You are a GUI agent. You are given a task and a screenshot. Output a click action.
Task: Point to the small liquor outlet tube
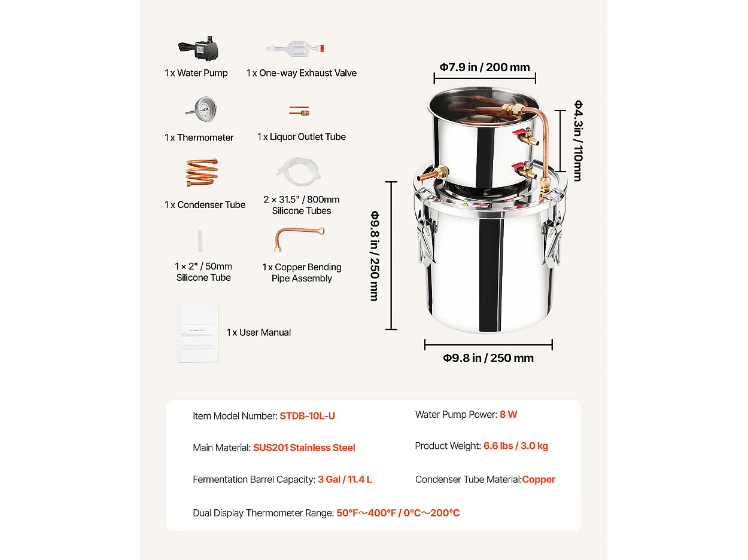click(299, 111)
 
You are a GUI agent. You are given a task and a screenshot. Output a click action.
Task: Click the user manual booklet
click(197, 332)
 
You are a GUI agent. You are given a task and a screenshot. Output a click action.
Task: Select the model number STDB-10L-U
click(307, 416)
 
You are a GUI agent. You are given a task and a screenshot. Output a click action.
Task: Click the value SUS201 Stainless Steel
click(304, 448)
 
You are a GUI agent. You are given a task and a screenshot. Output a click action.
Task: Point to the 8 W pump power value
click(508, 414)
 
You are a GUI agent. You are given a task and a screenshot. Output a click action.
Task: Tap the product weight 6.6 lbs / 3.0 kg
click(516, 446)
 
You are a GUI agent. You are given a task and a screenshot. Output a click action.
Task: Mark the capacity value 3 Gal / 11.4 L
click(345, 479)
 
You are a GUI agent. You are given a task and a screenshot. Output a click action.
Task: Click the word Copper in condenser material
click(539, 479)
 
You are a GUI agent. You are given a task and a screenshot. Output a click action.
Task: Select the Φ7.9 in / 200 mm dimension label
click(485, 67)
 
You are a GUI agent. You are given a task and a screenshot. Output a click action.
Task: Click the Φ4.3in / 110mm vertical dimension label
click(578, 140)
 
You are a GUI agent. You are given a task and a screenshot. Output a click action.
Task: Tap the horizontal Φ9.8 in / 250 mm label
click(488, 358)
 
